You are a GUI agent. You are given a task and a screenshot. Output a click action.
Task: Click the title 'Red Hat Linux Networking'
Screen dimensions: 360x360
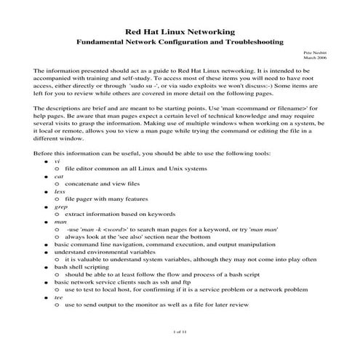180,32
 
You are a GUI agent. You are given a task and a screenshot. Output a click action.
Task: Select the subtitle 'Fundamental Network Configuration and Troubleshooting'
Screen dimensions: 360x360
180,42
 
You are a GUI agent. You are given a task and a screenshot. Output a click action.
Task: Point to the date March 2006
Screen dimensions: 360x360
317,59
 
